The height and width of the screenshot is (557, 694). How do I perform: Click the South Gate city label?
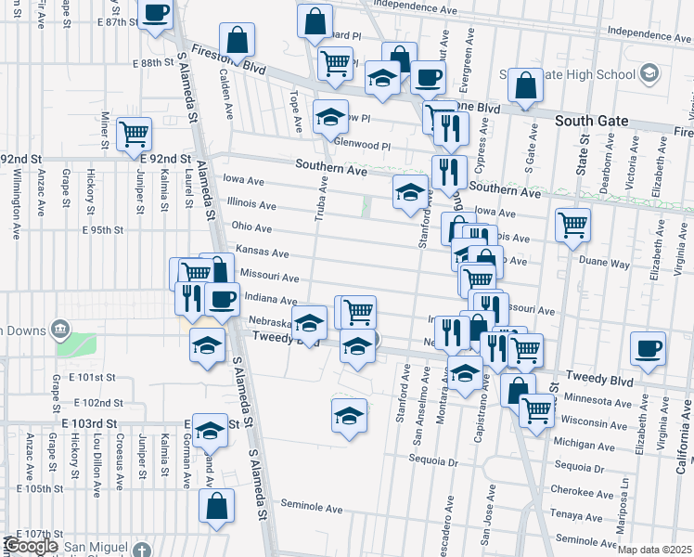(x=591, y=122)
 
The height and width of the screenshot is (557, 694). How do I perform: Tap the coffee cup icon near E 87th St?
(x=155, y=14)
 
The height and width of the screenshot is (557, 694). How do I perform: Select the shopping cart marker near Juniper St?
(x=135, y=134)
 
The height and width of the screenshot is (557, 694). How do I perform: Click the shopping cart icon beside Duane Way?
(x=572, y=224)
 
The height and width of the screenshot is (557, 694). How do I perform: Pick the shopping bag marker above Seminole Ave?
(x=216, y=507)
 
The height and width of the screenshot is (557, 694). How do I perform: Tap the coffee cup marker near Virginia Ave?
(x=647, y=350)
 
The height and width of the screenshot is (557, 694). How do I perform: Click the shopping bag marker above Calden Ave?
(x=238, y=40)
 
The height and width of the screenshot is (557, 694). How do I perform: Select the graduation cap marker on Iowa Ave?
(x=410, y=192)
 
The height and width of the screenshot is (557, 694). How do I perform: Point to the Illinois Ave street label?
(x=252, y=205)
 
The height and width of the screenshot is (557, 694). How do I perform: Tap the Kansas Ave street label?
(x=263, y=252)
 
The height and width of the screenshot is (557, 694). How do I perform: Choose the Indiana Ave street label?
(x=269, y=300)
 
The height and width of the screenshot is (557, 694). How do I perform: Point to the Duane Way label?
(x=609, y=264)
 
